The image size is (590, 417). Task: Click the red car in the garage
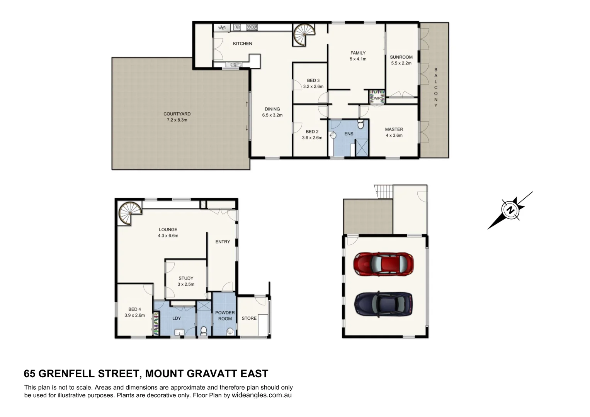[383, 264]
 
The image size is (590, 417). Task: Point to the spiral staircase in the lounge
[129, 214]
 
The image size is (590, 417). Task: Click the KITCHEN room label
[242, 44]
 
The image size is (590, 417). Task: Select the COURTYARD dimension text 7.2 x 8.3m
[177, 120]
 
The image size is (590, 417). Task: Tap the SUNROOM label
[401, 57]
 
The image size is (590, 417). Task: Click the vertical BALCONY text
[436, 88]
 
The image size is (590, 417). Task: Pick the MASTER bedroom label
[394, 129]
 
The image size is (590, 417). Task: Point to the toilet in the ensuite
[360, 124]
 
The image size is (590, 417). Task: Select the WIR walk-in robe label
[377, 98]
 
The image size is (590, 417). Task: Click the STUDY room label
[186, 278]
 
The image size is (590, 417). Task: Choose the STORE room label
[249, 318]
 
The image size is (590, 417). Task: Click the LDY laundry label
[177, 318]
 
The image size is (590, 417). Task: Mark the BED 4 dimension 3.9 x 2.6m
[134, 315]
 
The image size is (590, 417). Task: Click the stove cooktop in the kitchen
[252, 27]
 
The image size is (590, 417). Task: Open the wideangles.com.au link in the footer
[262, 395]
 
